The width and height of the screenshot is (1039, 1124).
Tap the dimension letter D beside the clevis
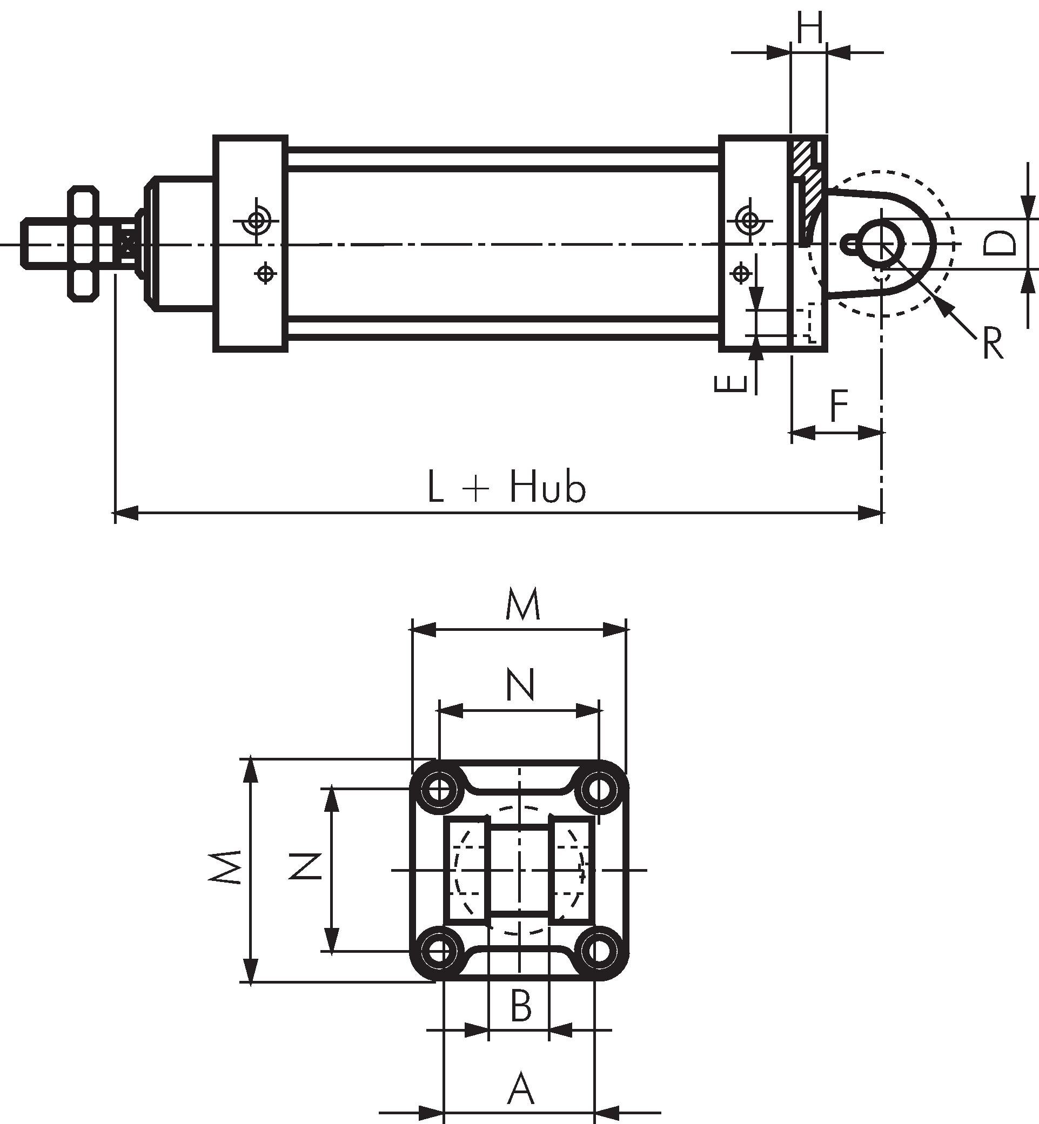coord(1001,244)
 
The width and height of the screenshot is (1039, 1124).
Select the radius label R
coord(993,344)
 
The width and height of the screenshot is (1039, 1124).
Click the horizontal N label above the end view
coord(520,684)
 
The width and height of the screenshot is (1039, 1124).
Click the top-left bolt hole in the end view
coord(440,790)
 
